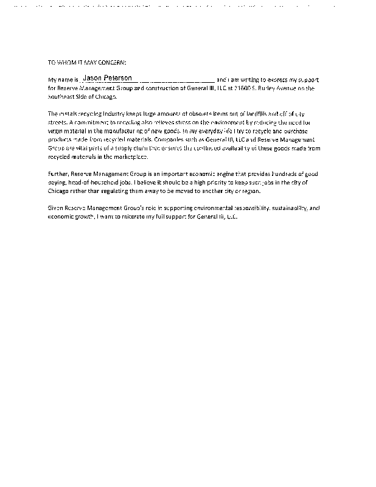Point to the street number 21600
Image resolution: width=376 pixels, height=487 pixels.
pos(236,88)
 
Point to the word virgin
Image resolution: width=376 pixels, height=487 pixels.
pos(55,131)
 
